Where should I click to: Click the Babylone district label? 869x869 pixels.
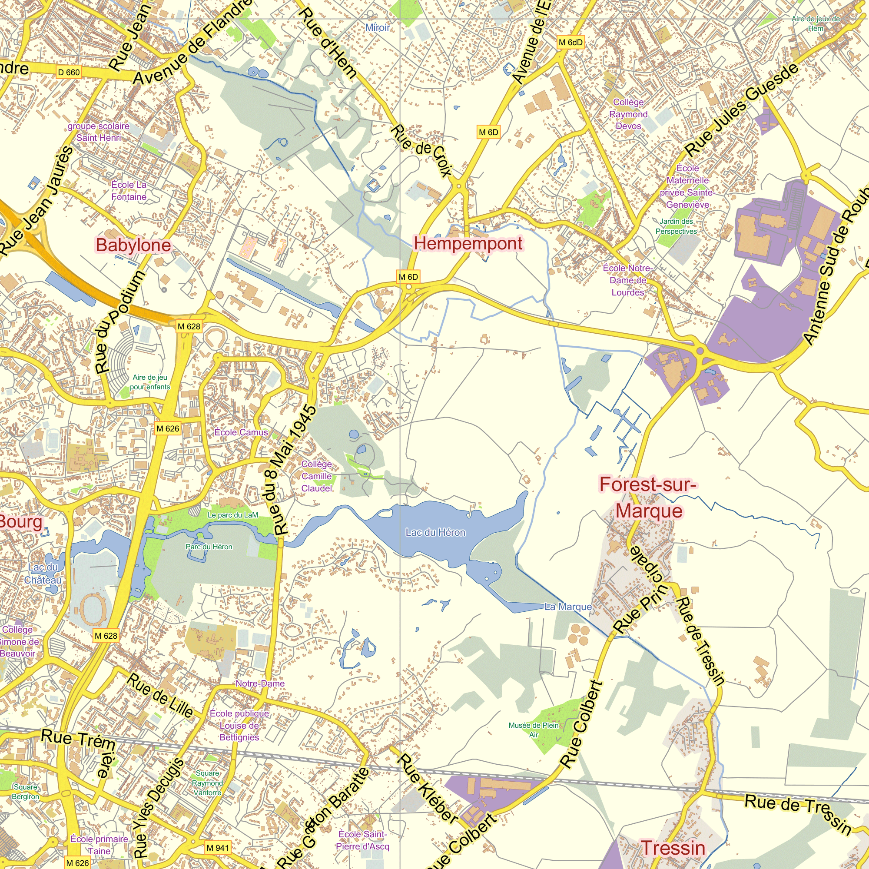[x=133, y=245]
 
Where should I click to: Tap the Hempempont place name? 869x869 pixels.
[x=468, y=243]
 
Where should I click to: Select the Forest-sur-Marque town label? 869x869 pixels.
[x=648, y=498]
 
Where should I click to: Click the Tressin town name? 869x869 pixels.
[x=673, y=848]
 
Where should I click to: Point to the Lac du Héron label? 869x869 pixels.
[x=435, y=532]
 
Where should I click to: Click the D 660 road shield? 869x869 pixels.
[x=69, y=73]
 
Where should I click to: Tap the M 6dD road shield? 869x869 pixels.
[x=570, y=42]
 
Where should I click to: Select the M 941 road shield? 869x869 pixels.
[x=218, y=848]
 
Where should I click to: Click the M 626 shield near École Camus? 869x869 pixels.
[x=168, y=429]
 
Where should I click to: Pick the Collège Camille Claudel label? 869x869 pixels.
[x=317, y=476]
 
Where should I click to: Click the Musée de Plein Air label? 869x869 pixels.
[x=534, y=730]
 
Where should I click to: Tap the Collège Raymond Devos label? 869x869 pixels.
[x=628, y=114]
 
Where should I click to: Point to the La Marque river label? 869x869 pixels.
[x=567, y=607]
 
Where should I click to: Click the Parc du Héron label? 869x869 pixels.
[x=209, y=547]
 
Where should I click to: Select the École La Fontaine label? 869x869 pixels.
[x=129, y=191]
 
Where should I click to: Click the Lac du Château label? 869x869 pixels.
[x=43, y=574]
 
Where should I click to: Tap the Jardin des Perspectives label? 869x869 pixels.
[x=676, y=226]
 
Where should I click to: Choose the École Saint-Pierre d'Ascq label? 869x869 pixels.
[x=362, y=840]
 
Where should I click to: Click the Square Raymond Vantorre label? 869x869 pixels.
[x=207, y=783]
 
